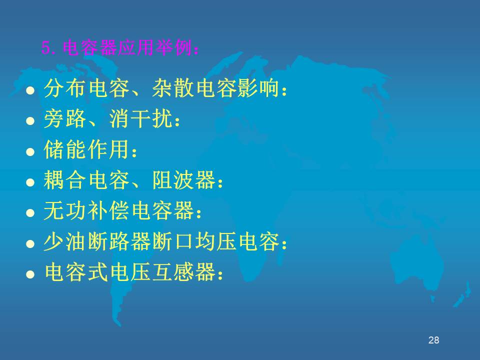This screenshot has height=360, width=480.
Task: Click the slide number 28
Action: tap(434, 340)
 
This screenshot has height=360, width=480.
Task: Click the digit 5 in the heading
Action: tap(45, 48)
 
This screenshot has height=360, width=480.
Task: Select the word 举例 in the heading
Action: tap(173, 48)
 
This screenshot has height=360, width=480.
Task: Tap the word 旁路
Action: tap(65, 118)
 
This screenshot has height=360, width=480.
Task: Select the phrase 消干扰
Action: tap(141, 118)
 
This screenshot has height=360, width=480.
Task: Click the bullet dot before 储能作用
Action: tap(30, 151)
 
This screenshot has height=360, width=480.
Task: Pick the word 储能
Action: tap(65, 149)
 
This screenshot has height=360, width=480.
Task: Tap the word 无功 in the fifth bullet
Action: tap(65, 210)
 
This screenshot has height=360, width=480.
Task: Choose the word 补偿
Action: tap(108, 210)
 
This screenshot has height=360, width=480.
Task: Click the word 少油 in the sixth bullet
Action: tap(65, 241)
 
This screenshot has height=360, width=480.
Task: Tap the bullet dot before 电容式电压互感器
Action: tap(30, 274)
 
